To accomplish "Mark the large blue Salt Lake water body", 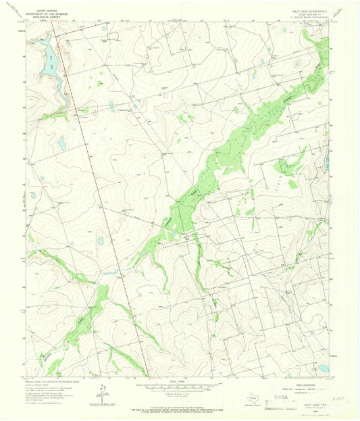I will tap(49, 61).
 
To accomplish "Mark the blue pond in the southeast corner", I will tap(323, 368).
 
